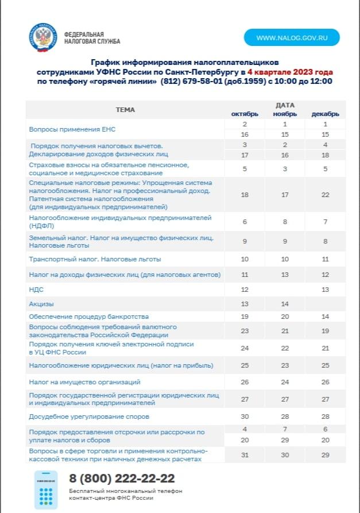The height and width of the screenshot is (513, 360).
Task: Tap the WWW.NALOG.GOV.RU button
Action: pyautogui.click(x=292, y=37)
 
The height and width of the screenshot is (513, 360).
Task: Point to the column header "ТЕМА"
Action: pyautogui.click(x=125, y=109)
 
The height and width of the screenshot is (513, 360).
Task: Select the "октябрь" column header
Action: pyautogui.click(x=245, y=114)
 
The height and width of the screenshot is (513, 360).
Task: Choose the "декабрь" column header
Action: pyautogui.click(x=325, y=114)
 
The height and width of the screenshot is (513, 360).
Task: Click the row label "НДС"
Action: pyautogui.click(x=36, y=290)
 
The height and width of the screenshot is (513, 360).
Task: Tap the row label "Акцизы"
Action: pyautogui.click(x=41, y=303)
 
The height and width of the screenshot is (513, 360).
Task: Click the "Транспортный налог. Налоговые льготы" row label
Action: pyautogui.click(x=95, y=259)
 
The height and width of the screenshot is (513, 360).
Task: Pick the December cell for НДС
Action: pyautogui.click(x=325, y=290)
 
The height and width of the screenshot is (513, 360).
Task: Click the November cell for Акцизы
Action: pyautogui.click(x=285, y=303)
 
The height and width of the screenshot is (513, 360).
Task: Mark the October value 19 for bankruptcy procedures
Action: pyautogui.click(x=245, y=317)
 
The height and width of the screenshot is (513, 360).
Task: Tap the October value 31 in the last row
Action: pyautogui.click(x=245, y=455)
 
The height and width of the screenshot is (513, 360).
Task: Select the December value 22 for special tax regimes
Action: pyautogui.click(x=325, y=195)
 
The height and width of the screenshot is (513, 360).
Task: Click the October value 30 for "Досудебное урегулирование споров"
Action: pyautogui.click(x=245, y=416)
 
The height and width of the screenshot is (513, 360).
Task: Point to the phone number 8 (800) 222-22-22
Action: pyautogui.click(x=122, y=479)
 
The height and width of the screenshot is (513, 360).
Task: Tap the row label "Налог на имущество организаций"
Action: pyautogui.click(x=84, y=381)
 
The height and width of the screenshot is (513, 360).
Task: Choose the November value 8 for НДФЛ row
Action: pyautogui.click(x=285, y=222)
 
